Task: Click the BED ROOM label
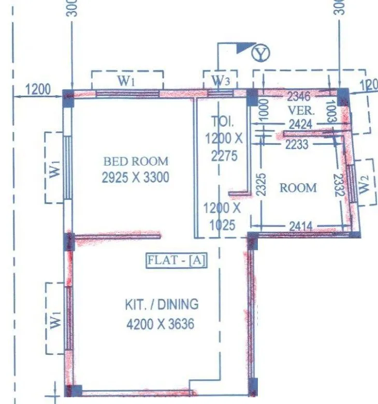click(136, 161)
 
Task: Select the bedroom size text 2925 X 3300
click(136, 177)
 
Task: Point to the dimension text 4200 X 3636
click(160, 324)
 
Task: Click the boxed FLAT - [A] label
click(177, 260)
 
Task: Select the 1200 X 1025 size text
click(222, 217)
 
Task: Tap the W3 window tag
click(221, 81)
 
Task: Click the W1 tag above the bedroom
click(126, 81)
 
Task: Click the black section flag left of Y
click(243, 48)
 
